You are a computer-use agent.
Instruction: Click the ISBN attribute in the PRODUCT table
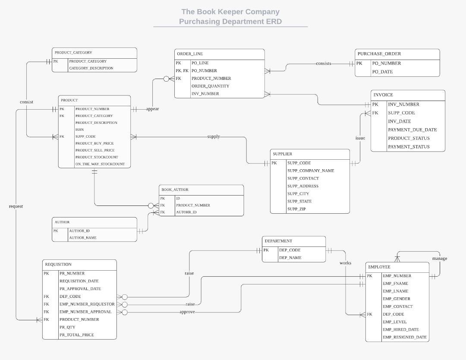click(x=80, y=129)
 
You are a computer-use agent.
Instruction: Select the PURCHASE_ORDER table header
click(x=379, y=54)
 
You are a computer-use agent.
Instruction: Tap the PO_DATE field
click(x=382, y=72)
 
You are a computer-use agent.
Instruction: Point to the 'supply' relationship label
click(x=214, y=136)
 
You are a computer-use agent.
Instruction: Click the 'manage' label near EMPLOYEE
click(x=440, y=259)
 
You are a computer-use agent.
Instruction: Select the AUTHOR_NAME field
click(x=83, y=238)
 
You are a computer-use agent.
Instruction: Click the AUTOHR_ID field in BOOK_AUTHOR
click(x=186, y=212)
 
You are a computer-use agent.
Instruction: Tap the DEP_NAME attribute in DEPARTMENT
click(x=290, y=258)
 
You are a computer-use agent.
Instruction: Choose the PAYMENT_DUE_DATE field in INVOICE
click(x=412, y=129)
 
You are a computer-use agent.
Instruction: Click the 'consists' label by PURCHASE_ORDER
click(x=324, y=63)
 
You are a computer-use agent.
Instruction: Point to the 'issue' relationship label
click(x=360, y=138)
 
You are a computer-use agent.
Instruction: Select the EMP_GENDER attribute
click(x=396, y=299)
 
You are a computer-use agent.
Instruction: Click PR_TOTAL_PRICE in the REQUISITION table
click(x=76, y=335)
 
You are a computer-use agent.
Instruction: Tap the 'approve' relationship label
click(x=187, y=312)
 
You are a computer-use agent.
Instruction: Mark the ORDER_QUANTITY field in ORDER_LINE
click(x=210, y=86)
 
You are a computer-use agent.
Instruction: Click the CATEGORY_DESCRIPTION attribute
click(x=91, y=68)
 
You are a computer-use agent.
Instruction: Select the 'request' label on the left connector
click(x=16, y=206)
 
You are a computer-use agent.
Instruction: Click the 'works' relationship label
click(x=345, y=263)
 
